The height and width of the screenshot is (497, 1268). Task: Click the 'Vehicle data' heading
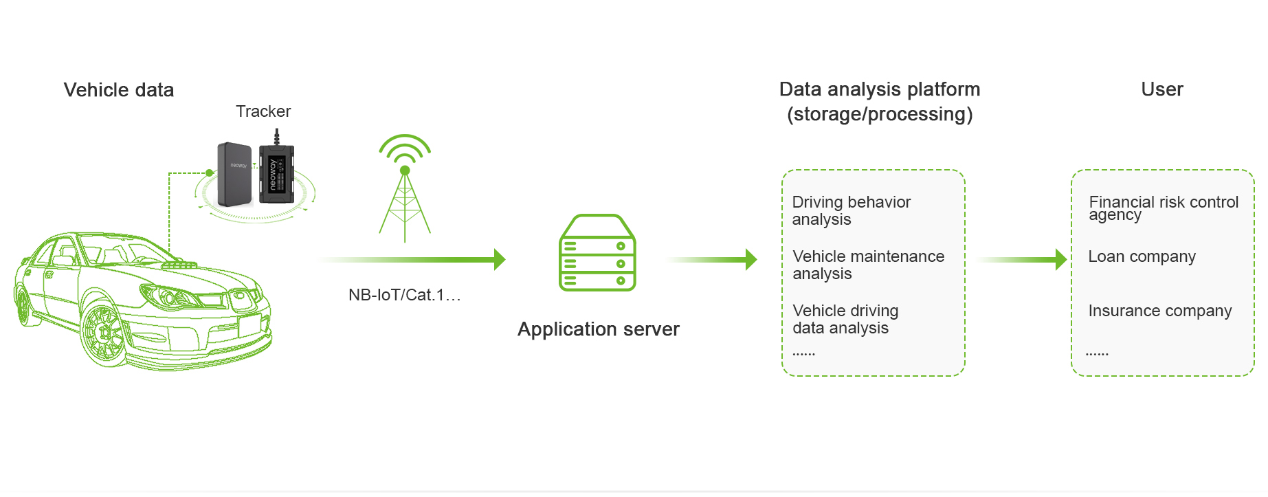click(119, 90)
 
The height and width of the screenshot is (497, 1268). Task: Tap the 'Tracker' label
click(263, 111)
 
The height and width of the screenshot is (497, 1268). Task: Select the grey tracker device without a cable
click(235, 175)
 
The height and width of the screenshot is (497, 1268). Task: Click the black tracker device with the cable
click(276, 173)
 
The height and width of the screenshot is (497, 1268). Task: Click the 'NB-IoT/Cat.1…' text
click(404, 295)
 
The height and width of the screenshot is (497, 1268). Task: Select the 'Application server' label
click(598, 329)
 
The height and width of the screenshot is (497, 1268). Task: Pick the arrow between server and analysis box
click(715, 259)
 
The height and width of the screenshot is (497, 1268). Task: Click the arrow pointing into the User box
click(1024, 259)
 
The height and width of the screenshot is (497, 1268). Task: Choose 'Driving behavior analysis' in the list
click(851, 210)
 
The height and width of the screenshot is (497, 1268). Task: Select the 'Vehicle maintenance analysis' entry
click(868, 265)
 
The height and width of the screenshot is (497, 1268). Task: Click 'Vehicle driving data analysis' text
click(845, 319)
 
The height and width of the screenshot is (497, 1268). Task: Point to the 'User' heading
click(1161, 89)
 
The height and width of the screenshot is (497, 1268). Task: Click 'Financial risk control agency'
click(1163, 208)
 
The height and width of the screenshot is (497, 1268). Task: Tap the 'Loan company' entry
click(1142, 256)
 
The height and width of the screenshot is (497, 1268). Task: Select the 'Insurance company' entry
click(1159, 311)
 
